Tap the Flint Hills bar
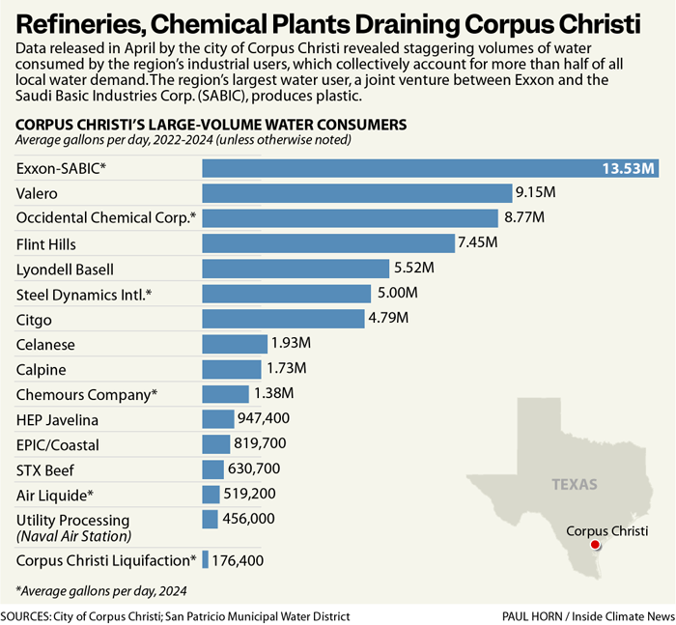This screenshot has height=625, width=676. point(328,243)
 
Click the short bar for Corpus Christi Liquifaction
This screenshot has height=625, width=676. point(205,559)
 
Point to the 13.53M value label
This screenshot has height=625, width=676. point(629,169)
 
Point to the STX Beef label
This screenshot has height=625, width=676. point(45,470)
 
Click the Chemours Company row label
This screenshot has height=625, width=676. point(86,394)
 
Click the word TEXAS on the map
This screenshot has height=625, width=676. point(575,484)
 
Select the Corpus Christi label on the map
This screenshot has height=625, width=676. point(606,531)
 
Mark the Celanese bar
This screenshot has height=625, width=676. point(235,344)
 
